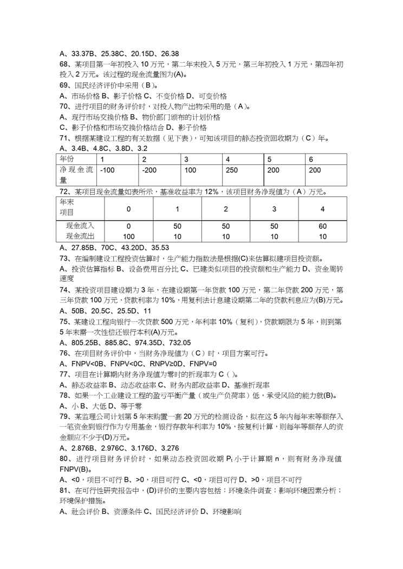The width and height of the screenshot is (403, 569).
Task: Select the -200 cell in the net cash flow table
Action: (x=149, y=170)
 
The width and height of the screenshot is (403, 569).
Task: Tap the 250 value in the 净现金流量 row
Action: (x=232, y=170)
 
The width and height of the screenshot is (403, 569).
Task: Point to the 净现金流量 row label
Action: (x=76, y=175)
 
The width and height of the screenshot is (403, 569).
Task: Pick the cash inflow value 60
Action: (x=322, y=226)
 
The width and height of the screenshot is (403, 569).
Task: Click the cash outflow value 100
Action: (x=128, y=236)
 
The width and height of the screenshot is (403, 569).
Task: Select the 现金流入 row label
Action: (x=79, y=226)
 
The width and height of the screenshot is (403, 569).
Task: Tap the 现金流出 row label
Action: (x=79, y=236)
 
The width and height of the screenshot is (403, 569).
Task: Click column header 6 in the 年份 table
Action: (x=311, y=159)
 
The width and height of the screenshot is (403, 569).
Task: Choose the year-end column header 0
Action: (x=128, y=209)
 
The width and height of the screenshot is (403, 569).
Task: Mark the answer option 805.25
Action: (x=81, y=342)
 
